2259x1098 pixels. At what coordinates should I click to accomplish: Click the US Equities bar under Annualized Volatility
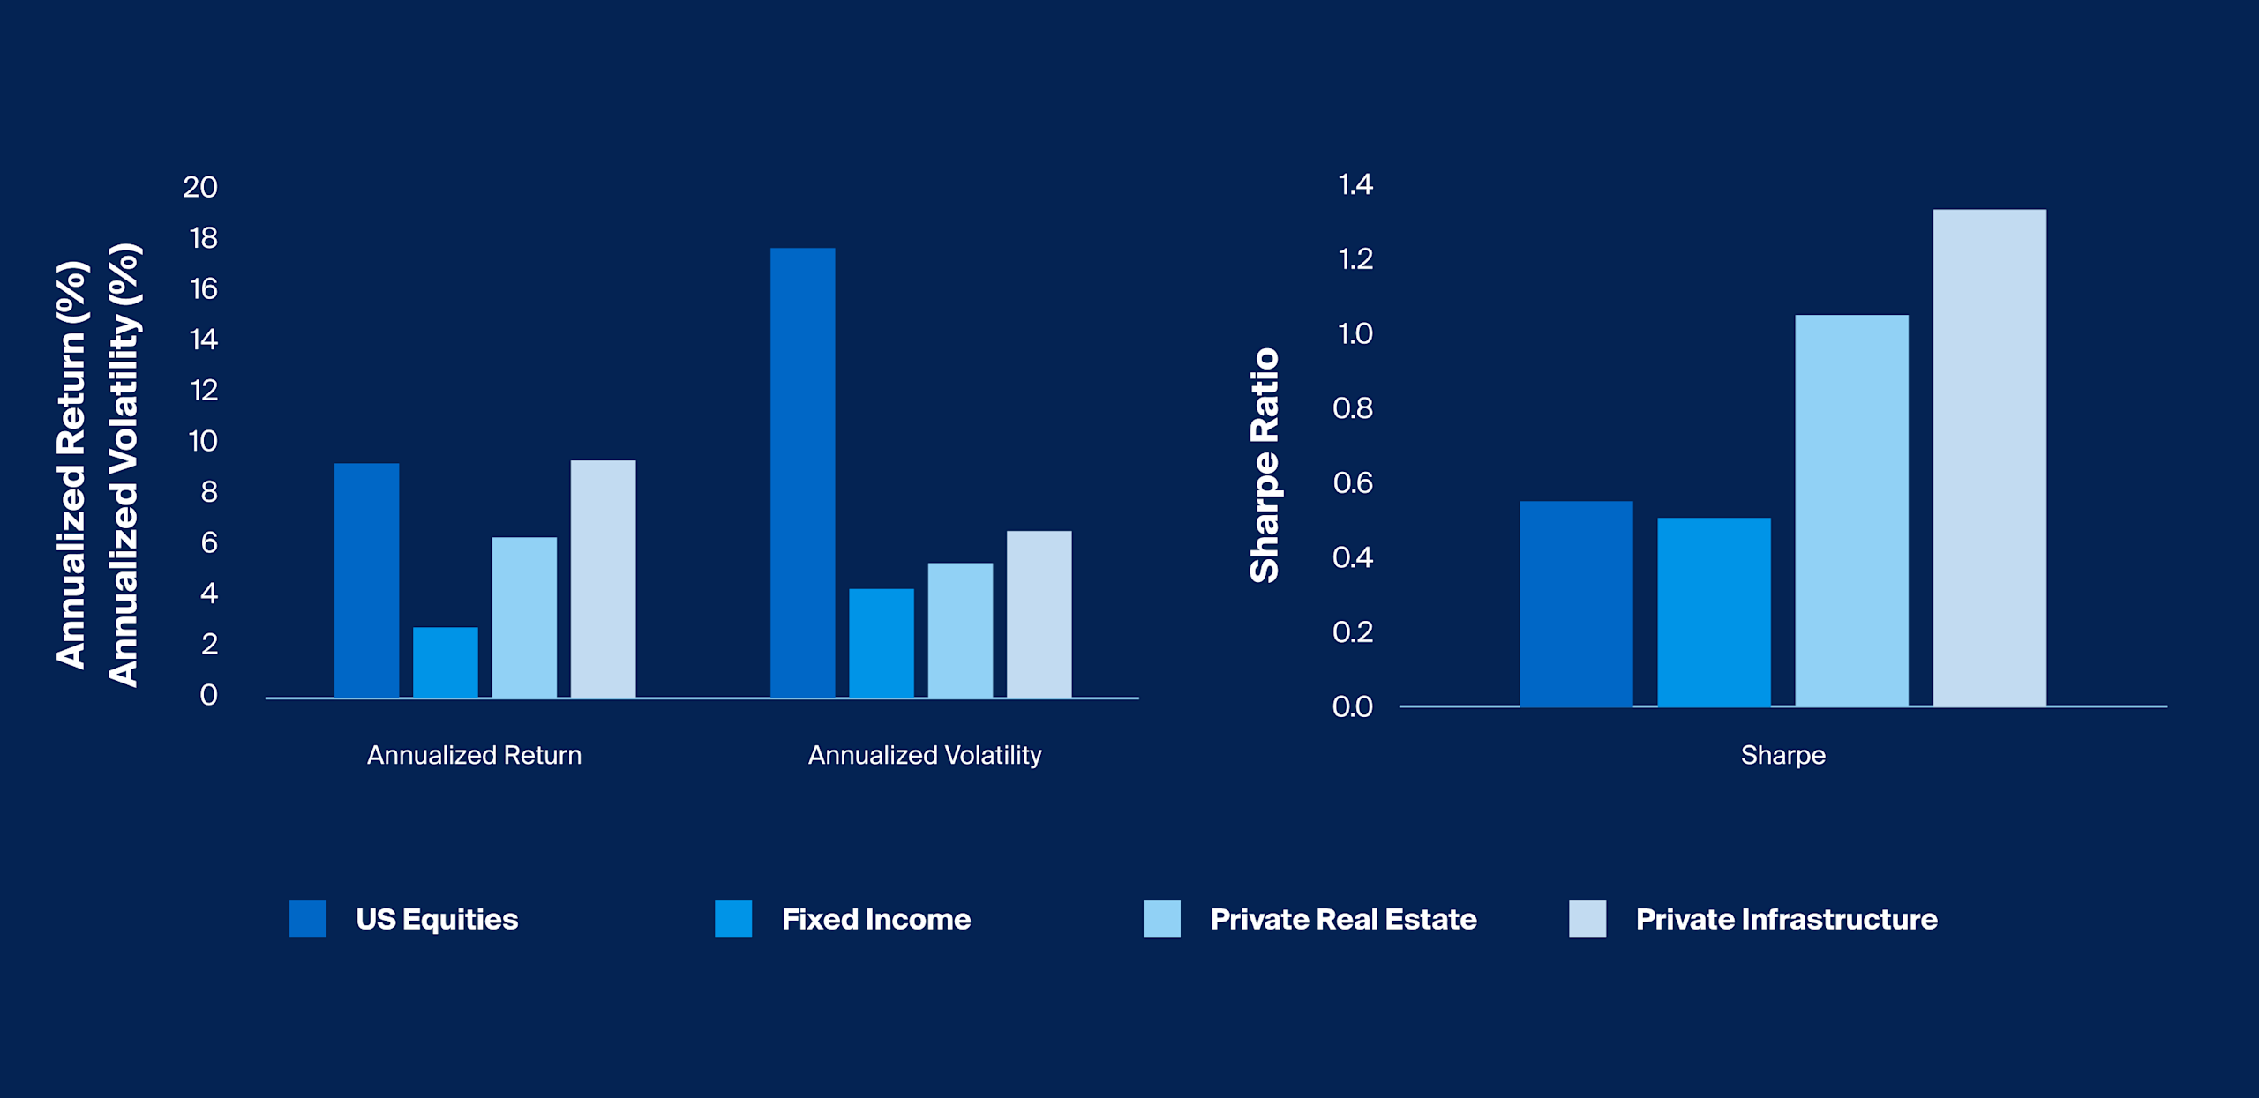coord(802,473)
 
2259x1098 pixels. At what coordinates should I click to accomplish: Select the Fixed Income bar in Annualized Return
coord(445,662)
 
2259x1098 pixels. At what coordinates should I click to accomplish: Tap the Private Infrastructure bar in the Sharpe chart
coord(1989,458)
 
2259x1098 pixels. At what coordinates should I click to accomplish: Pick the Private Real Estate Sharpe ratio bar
coord(1851,511)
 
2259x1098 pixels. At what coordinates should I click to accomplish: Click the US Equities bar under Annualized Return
coord(366,580)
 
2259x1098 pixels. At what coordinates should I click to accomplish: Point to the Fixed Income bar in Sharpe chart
coord(1714,612)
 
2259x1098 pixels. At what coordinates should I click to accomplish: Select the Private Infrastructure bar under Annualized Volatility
coord(1039,614)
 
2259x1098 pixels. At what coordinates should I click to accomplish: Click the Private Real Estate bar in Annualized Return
coord(524,617)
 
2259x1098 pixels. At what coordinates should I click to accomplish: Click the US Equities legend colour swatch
coord(307,919)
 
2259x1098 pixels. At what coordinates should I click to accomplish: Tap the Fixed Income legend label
coord(875,919)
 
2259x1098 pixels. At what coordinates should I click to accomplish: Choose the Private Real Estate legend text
coord(1342,919)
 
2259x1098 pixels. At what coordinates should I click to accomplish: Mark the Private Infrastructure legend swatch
coord(1587,919)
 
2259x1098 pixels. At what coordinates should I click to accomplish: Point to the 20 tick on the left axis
coord(200,187)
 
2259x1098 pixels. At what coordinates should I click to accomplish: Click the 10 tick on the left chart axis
coord(203,441)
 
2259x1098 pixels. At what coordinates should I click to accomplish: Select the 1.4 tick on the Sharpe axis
coord(1355,184)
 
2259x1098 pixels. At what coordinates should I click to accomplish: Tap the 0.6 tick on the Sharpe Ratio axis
coord(1353,482)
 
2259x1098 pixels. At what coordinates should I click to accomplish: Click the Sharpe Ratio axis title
coord(1265,466)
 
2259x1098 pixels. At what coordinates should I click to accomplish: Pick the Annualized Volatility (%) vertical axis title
coord(124,466)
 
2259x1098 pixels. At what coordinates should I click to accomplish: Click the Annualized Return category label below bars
coord(474,755)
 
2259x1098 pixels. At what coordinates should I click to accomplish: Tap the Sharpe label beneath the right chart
coord(1782,755)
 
